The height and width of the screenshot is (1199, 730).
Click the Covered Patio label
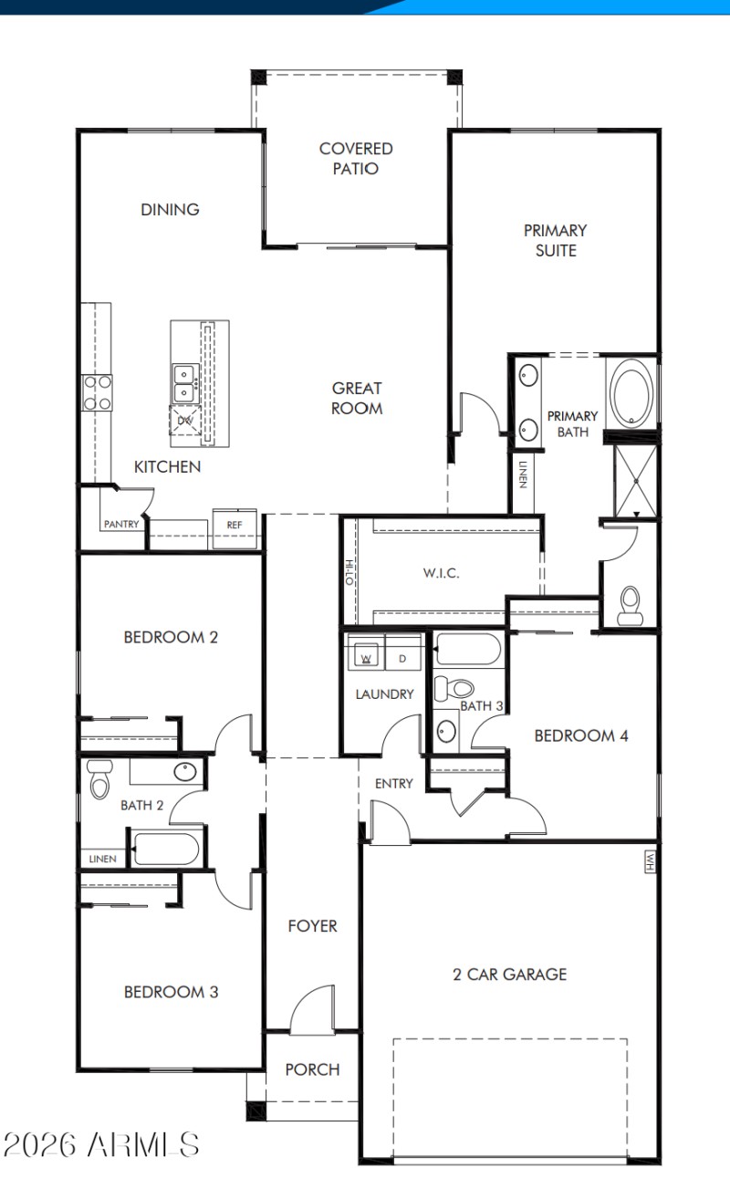click(x=356, y=158)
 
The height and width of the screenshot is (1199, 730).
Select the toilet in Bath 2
click(x=99, y=779)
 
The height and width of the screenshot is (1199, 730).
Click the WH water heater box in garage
click(x=650, y=862)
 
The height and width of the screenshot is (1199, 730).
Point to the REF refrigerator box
click(x=235, y=527)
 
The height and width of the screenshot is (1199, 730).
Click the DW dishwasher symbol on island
click(x=184, y=421)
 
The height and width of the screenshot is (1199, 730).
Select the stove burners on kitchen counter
click(x=97, y=392)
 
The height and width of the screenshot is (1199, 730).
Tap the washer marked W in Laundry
click(x=366, y=657)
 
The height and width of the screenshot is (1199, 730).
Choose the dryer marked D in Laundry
click(x=402, y=657)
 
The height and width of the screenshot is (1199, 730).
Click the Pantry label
click(x=120, y=525)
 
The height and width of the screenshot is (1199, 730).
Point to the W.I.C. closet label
click(x=441, y=573)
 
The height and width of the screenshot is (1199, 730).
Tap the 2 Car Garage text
click(x=509, y=974)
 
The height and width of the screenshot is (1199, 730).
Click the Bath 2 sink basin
click(x=184, y=772)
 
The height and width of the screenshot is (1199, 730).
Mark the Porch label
click(x=312, y=1069)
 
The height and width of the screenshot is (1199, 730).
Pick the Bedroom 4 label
click(x=580, y=735)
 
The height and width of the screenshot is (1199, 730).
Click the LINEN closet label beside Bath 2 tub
click(x=102, y=860)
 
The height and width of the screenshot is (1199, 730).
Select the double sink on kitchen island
click(x=185, y=382)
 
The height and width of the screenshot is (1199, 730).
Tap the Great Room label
click(x=357, y=398)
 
